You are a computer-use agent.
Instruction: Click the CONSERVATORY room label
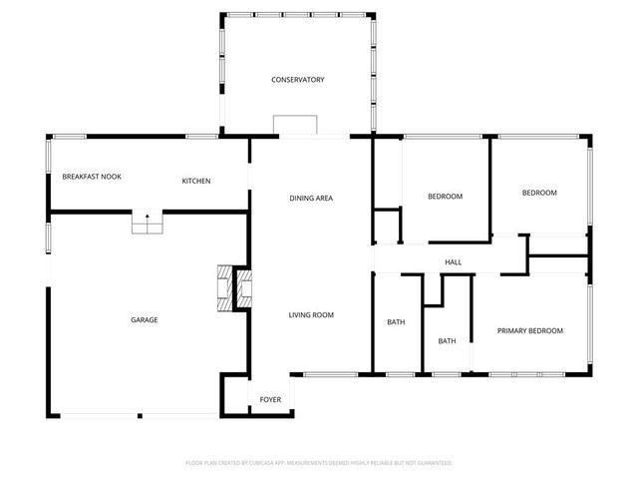point(298,80)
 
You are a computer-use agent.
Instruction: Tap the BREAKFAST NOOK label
point(92,177)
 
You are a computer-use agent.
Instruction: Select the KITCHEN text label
point(195,181)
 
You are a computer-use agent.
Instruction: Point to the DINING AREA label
point(311,199)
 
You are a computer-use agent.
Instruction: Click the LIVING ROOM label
point(311,315)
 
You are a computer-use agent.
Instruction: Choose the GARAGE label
point(145,320)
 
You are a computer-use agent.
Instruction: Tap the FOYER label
point(270,400)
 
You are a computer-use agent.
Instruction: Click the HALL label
point(453,262)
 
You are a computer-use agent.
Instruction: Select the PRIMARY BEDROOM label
point(530,330)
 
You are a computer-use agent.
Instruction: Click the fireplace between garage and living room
point(236,289)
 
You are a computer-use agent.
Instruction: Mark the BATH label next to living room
point(396,322)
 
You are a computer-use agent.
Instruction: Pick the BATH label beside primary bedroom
point(447,341)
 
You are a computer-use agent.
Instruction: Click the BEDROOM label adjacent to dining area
point(445,197)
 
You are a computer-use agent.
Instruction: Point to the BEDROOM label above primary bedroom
point(539,193)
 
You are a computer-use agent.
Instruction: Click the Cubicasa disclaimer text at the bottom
point(319,463)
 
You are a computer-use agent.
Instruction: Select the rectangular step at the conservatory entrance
point(295,124)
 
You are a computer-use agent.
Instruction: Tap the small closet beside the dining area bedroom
point(386,226)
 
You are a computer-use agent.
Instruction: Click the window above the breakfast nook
point(70,137)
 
